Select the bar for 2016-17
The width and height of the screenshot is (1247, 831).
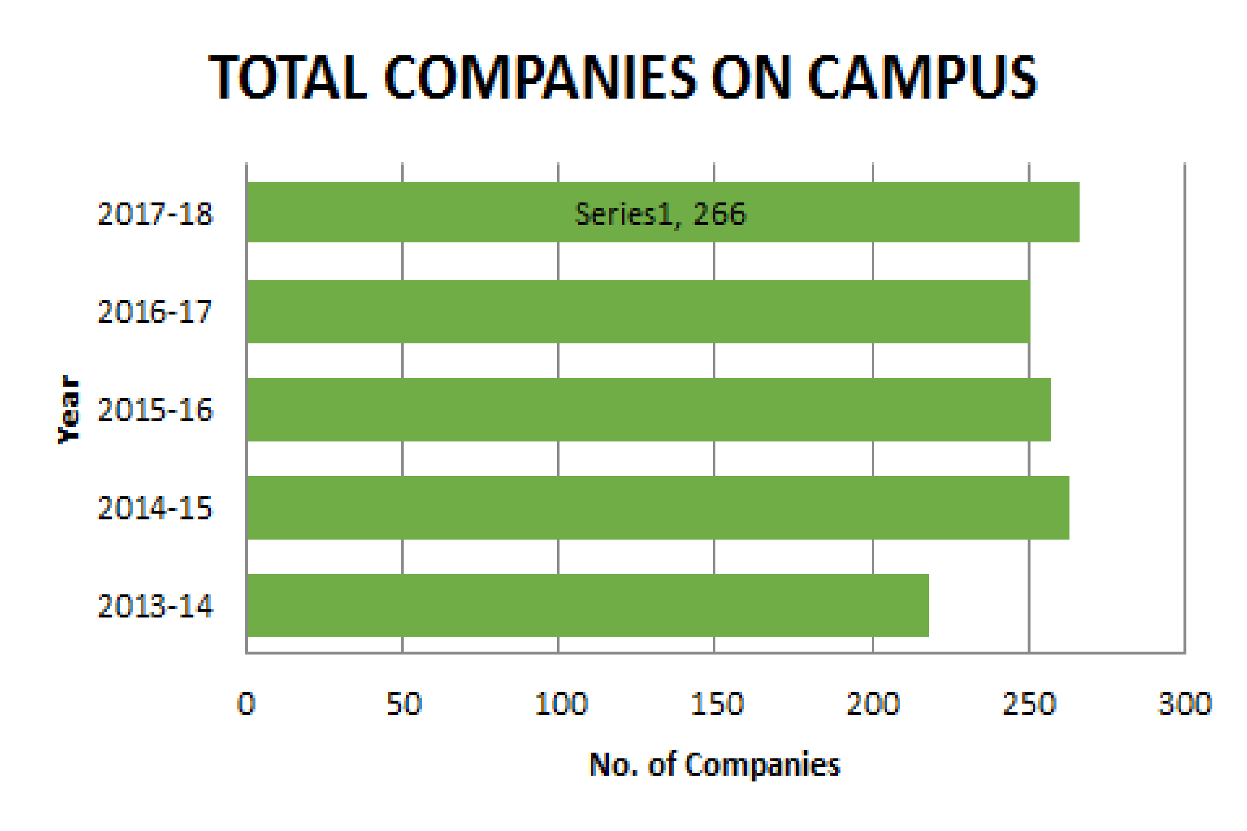[638, 312]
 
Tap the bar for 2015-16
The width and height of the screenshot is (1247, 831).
[649, 410]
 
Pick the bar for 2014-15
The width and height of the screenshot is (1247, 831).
[658, 508]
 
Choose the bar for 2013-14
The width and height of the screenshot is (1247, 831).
[587, 605]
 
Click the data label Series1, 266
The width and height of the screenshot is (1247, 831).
[660, 214]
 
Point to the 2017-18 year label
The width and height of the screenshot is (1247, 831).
[155, 214]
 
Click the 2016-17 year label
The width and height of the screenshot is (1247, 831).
[155, 312]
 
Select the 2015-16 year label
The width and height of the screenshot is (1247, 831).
[155, 410]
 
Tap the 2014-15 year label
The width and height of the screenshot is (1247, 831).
[155, 508]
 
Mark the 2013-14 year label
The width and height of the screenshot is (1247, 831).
[155, 606]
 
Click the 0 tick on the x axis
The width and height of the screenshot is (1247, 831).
[246, 704]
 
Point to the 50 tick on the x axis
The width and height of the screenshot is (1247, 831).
[404, 704]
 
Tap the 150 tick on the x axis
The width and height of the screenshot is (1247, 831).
[717, 704]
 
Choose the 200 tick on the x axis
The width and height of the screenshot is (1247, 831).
[873, 704]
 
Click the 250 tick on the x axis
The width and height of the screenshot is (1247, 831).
[1029, 704]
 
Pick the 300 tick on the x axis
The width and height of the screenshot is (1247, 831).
[1185, 704]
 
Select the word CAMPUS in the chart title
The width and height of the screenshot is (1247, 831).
[923, 78]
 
